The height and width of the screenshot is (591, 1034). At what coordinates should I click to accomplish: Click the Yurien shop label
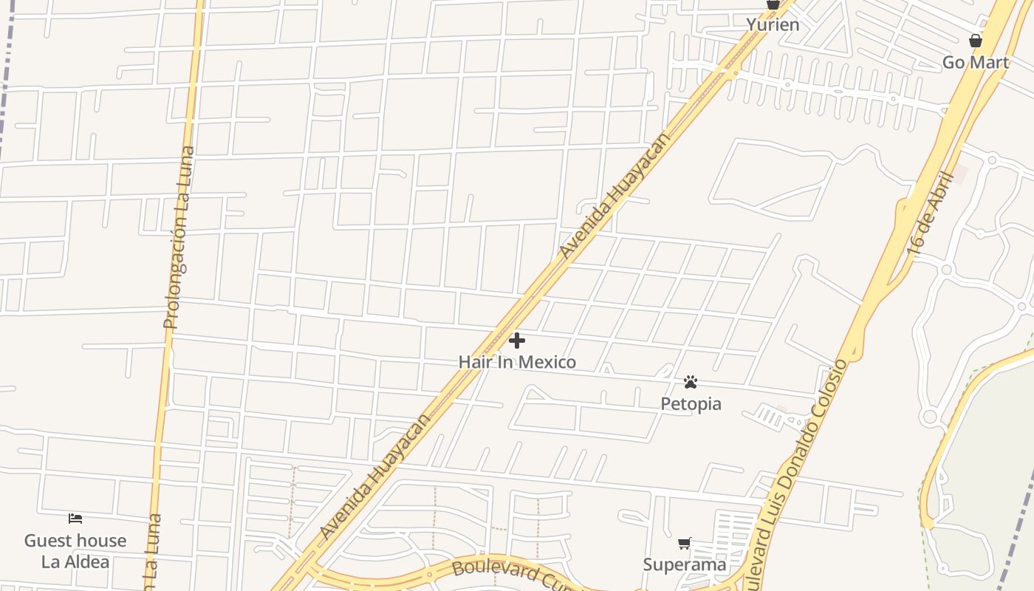pos(773,24)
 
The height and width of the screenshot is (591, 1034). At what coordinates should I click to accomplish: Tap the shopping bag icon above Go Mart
pos(976,41)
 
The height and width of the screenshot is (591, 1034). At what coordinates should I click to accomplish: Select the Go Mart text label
pos(976,63)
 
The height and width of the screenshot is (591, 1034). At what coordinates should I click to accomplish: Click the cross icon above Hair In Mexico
pos(517,341)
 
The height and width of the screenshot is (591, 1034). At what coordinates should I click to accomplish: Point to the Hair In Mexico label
pos(517,362)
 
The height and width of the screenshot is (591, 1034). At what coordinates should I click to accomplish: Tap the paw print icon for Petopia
pos(691,382)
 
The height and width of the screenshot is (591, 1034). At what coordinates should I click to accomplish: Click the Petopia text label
pos(691,404)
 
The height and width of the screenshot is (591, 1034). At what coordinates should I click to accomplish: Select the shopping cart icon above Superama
pos(685,544)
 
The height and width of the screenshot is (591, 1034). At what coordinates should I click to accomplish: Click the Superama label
pos(685,565)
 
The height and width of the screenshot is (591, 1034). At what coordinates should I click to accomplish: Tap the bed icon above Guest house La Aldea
pos(75,519)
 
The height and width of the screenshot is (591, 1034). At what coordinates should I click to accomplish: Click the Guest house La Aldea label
pos(75,551)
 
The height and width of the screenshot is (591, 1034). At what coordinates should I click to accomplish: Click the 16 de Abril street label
pos(932,214)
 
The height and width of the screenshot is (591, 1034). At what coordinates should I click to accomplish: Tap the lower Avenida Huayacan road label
pos(375,477)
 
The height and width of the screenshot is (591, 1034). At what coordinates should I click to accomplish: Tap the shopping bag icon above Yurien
pos(773,4)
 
